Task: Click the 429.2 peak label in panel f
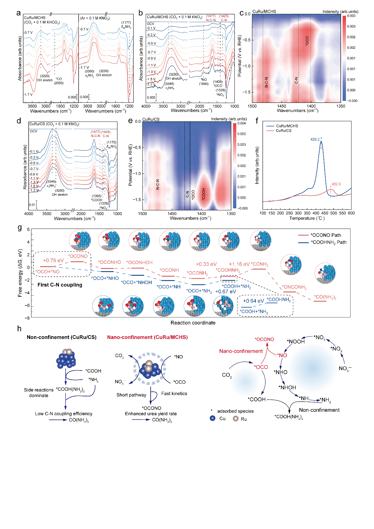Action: pos(315,139)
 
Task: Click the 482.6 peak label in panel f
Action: pos(336,184)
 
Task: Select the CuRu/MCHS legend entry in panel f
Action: pos(287,126)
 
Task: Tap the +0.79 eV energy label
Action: pos(53,261)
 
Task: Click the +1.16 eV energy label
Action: pos(239,264)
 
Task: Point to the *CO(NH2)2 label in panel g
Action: pos(325,297)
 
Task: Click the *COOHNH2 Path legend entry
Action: pos(328,242)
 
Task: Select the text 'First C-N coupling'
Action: pos(60,285)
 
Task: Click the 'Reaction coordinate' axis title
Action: pos(193,323)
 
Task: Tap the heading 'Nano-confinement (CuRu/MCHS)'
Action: pos(147,337)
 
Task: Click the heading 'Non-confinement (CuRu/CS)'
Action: pos(62,337)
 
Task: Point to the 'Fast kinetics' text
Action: pos(174,394)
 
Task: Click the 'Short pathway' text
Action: pos(131,395)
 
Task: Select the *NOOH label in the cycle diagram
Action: pos(296,342)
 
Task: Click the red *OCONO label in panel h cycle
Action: pos(264,339)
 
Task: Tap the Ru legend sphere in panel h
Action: pos(236,419)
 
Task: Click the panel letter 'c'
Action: pos(242,13)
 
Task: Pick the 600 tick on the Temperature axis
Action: pos(351,213)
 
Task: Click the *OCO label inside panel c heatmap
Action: pos(307,41)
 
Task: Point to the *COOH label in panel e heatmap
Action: pos(204,194)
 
